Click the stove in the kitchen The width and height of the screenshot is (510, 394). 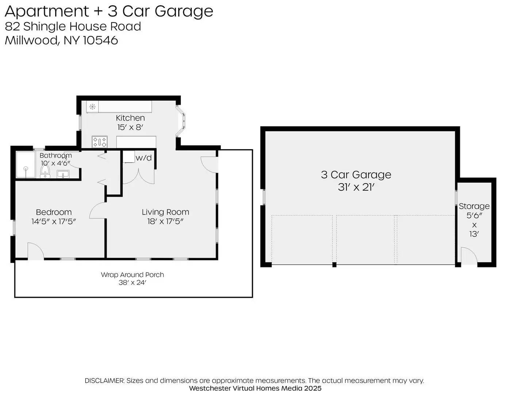[x=99, y=142]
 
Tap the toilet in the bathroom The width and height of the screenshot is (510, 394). [x=45, y=172]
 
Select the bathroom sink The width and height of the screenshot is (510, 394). [x=63, y=174]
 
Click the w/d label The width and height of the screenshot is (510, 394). [x=143, y=158]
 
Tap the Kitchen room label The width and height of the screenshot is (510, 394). [x=130, y=118]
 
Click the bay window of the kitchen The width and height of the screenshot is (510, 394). [x=181, y=122]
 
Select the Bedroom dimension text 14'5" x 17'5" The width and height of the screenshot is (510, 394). [x=54, y=221]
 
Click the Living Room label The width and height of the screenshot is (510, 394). [x=165, y=212]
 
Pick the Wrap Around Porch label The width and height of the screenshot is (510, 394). [x=133, y=275]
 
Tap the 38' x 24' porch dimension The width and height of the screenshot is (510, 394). [x=133, y=283]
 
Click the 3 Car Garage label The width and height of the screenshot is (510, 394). [x=356, y=175]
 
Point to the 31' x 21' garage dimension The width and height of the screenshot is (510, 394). [x=356, y=187]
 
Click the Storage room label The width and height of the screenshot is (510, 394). [x=474, y=206]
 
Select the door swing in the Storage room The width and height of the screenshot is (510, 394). [x=469, y=256]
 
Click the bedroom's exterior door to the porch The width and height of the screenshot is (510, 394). [x=35, y=252]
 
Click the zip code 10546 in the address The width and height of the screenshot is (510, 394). [x=100, y=40]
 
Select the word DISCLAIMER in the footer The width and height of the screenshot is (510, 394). [x=104, y=381]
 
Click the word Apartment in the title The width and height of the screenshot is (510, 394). [x=47, y=11]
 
